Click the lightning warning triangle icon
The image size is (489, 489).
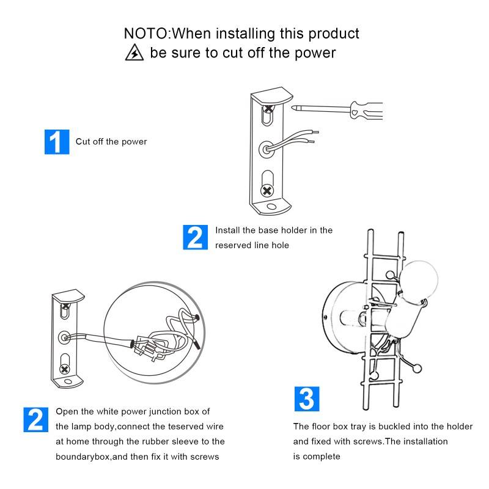tap(134, 53)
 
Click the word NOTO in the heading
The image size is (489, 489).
tap(146, 34)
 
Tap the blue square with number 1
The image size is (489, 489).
tap(57, 142)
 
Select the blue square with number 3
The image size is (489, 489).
tap(307, 399)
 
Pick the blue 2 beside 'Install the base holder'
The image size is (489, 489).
tap(195, 237)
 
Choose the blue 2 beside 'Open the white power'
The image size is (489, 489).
tap(36, 420)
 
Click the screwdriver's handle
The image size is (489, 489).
tap(366, 111)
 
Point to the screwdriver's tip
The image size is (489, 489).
tap(293, 108)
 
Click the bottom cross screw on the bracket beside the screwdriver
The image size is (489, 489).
tap(267, 191)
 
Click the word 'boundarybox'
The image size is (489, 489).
tap(83, 457)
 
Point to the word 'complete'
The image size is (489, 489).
tap(322, 457)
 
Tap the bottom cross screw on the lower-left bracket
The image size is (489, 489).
tap(65, 370)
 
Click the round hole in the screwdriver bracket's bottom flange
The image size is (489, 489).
tap(271, 207)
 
